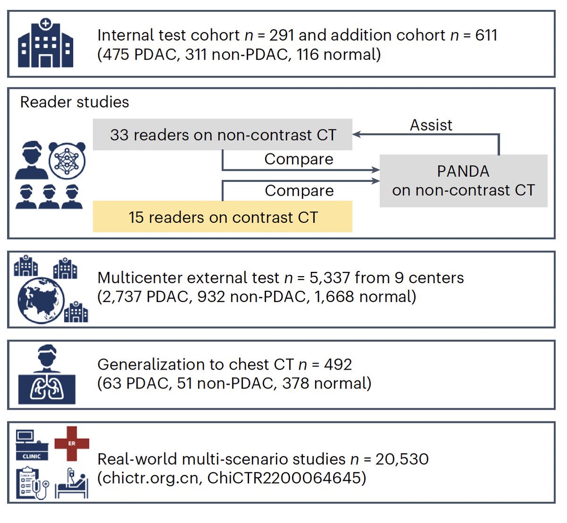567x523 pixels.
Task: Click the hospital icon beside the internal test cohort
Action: tap(45, 43)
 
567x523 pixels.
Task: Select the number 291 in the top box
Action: tap(282, 35)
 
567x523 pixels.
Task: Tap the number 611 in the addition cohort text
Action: tap(486, 35)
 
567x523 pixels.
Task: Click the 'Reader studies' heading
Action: tap(75, 102)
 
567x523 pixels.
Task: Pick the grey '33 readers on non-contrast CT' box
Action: tap(223, 135)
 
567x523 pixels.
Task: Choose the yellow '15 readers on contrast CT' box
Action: tap(223, 217)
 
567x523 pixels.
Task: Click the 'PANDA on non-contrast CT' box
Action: tap(464, 181)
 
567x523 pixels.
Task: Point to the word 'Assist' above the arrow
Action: tap(431, 125)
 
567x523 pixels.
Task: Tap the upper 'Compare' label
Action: tap(299, 159)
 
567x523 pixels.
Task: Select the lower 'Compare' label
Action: tap(299, 191)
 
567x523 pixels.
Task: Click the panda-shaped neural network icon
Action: tap(67, 160)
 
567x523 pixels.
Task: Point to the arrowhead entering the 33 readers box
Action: tap(356, 135)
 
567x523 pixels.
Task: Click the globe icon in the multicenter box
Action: tap(41, 301)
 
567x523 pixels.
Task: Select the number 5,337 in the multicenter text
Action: tap(329, 278)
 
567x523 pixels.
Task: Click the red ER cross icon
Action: tap(72, 444)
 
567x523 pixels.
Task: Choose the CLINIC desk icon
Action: tap(32, 445)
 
